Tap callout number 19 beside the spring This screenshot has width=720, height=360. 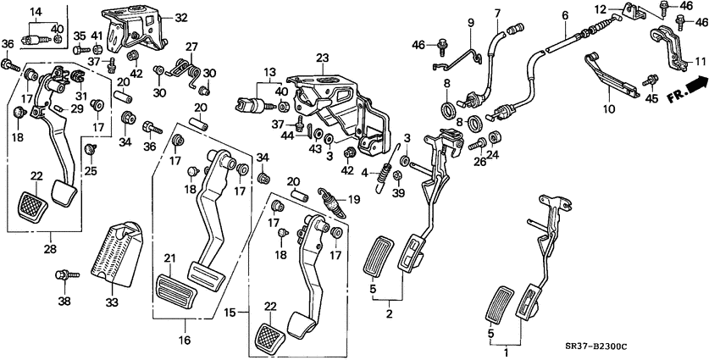(354, 200)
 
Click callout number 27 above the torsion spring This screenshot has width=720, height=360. (191, 47)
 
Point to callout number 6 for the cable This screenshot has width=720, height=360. (564, 15)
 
